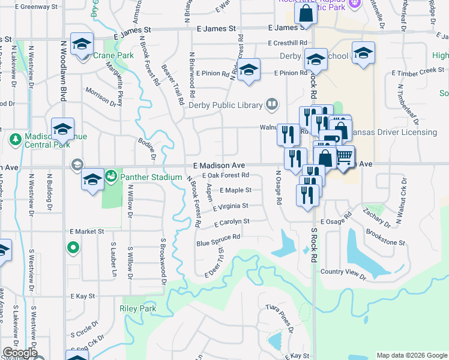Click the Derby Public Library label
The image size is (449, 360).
pyautogui.click(x=226, y=105)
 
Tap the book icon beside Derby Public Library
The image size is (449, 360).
pyautogui.click(x=271, y=105)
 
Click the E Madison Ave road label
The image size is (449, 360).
pyautogui.click(x=219, y=165)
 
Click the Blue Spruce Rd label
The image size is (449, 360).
pyautogui.click(x=218, y=239)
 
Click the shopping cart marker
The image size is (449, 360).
pyautogui.click(x=344, y=156)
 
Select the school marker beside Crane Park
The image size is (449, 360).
pyautogui.click(x=82, y=44)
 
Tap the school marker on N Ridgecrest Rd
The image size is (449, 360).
pyautogui.click(x=248, y=70)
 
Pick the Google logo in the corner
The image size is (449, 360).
pyautogui.click(x=19, y=352)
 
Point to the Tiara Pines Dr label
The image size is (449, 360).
pyautogui.click(x=279, y=318)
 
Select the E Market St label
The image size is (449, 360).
pyautogui.click(x=86, y=231)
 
